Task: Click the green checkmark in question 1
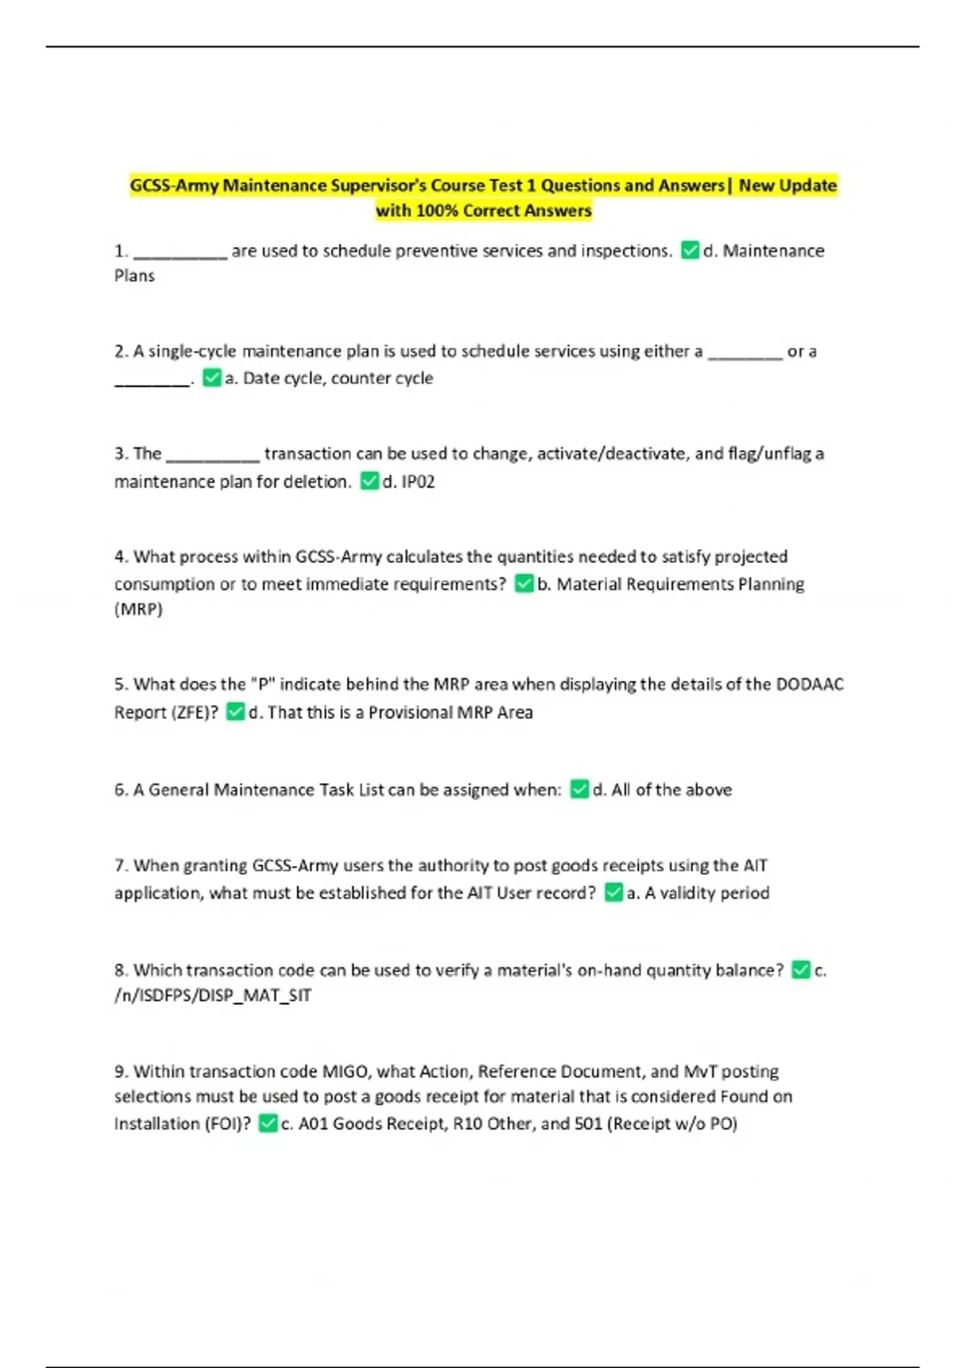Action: click(690, 250)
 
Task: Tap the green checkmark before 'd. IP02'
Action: click(369, 481)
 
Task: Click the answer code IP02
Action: click(418, 481)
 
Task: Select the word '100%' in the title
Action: click(439, 211)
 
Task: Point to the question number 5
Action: click(121, 684)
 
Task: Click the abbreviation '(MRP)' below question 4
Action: click(138, 609)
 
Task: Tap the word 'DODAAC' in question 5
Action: click(809, 684)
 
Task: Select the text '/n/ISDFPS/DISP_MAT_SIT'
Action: click(213, 995)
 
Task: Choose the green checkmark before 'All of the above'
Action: click(580, 789)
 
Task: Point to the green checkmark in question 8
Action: click(800, 970)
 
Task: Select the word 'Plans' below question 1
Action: click(134, 275)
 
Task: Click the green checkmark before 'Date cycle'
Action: click(212, 377)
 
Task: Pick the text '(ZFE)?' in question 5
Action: click(192, 712)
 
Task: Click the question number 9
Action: click(121, 1071)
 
